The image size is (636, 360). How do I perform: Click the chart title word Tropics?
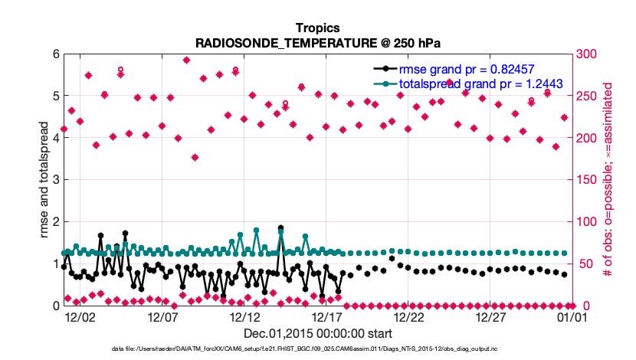tap(318, 28)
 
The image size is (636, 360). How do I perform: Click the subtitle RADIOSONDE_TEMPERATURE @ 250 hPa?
tap(318, 43)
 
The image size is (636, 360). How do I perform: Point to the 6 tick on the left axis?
tap(55, 54)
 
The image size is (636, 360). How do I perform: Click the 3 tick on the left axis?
tap(55, 180)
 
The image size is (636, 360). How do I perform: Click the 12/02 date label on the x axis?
tap(80, 316)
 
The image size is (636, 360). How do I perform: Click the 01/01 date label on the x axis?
tap(572, 316)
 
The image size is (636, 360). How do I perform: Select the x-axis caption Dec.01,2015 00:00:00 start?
tap(318, 334)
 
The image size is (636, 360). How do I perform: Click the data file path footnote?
tap(318, 349)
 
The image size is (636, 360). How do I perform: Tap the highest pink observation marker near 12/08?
tap(186, 60)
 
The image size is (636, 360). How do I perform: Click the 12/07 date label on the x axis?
tap(162, 316)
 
